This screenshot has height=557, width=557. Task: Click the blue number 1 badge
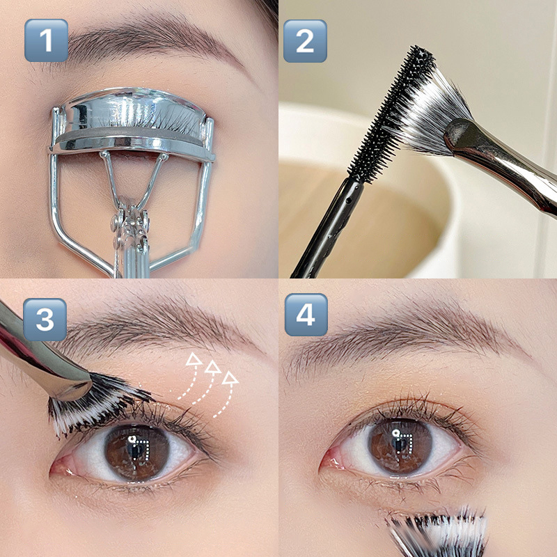point(46,40)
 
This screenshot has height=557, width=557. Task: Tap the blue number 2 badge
point(305,41)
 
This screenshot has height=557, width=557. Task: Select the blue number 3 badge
point(45,320)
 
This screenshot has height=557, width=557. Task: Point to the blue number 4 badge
point(306,315)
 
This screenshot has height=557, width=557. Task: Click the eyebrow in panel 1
point(149,42)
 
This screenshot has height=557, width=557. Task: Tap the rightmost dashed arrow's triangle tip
point(230,378)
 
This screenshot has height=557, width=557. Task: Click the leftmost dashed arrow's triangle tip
point(194,359)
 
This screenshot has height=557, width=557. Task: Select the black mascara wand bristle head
point(393,113)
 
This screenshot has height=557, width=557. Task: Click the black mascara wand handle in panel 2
point(326,229)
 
